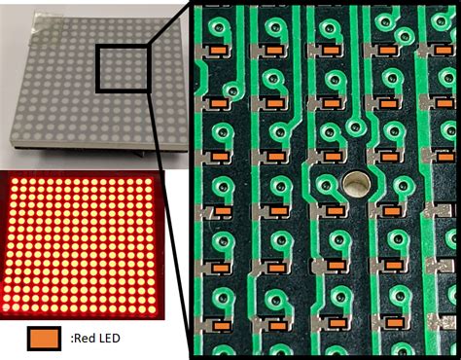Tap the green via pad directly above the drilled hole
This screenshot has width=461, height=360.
[358, 126]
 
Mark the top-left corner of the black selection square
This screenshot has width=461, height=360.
[98, 44]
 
